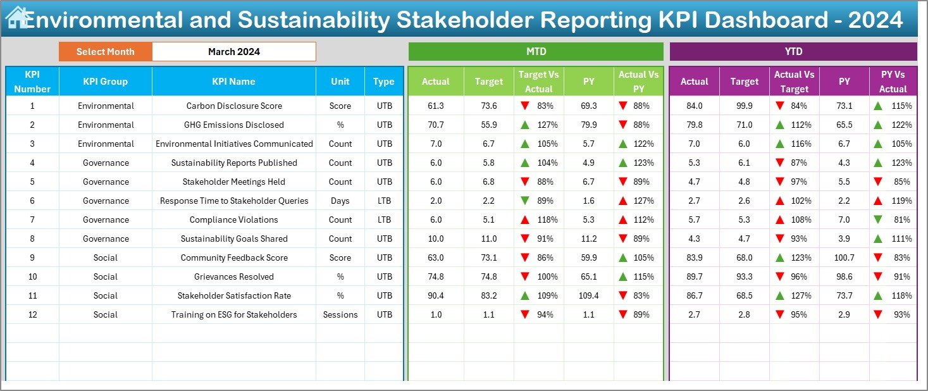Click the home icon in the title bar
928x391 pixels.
point(16,18)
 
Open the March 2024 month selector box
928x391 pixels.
point(234,52)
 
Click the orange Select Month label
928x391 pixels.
point(106,52)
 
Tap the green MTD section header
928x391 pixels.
point(536,52)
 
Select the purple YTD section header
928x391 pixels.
point(793,52)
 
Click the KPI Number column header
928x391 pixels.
point(32,82)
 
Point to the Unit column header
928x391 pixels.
point(340,82)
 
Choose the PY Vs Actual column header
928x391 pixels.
point(893,82)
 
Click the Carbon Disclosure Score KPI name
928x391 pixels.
point(234,106)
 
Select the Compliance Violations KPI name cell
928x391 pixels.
point(234,220)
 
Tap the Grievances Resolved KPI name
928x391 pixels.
point(234,276)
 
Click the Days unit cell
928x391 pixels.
point(340,201)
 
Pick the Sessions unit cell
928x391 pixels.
point(340,314)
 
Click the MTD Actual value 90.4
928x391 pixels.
point(436,295)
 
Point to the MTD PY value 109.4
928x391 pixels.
point(588,295)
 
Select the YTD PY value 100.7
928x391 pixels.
point(844,258)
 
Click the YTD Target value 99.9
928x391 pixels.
point(744,106)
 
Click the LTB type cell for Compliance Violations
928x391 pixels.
point(384,220)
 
